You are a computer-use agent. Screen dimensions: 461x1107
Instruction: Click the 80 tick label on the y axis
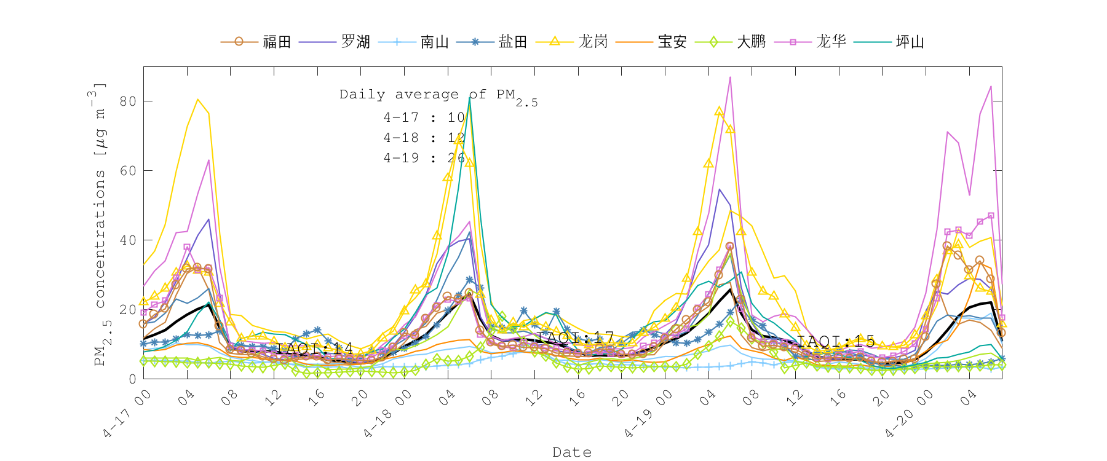point(128,101)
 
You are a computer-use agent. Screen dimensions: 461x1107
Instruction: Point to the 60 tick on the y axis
point(128,170)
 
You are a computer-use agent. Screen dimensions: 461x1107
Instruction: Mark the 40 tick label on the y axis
point(128,240)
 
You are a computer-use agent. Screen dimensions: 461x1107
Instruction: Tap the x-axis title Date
point(572,452)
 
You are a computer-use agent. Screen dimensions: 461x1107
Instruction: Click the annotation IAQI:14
point(314,348)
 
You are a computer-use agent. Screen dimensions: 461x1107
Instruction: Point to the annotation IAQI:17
point(575,337)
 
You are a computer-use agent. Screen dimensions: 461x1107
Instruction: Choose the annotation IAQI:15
point(836,341)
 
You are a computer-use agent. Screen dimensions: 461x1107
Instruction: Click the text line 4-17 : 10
point(424,117)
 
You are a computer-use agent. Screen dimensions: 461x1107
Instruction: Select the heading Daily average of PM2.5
point(438,96)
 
